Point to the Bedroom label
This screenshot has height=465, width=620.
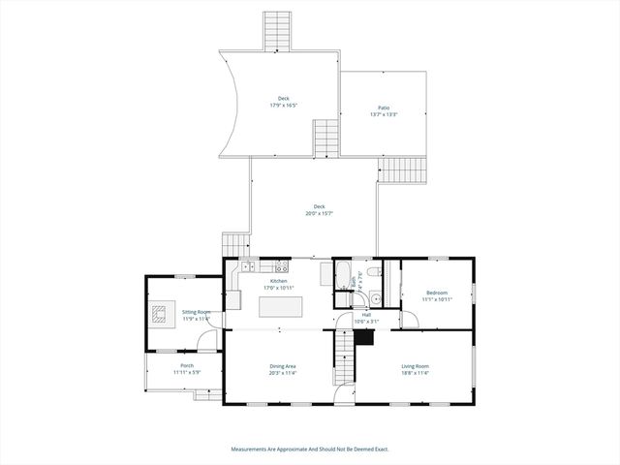pyautogui.click(x=436, y=293)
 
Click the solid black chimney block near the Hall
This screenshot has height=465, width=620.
pyautogui.click(x=365, y=336)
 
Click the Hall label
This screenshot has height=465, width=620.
pyautogui.click(x=366, y=314)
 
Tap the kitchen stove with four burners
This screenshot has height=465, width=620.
pyautogui.click(x=281, y=264)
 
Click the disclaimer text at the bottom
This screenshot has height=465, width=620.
pyautogui.click(x=310, y=449)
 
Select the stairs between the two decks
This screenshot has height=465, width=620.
pyautogui.click(x=325, y=138)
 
